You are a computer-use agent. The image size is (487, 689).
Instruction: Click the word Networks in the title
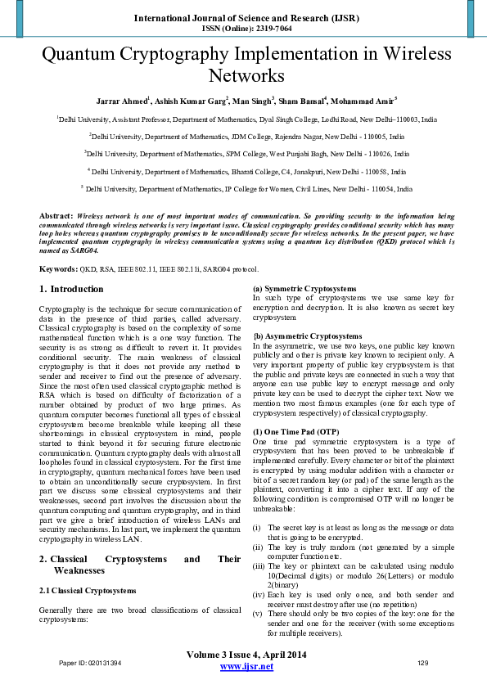point(243,76)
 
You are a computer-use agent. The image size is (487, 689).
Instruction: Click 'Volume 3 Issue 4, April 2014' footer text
point(246,655)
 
